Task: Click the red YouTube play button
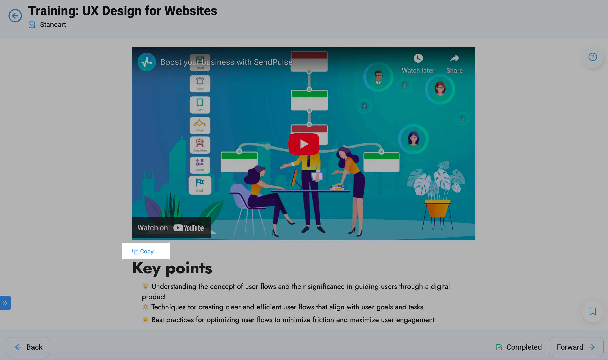304,144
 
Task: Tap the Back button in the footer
28,347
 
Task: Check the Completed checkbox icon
499,347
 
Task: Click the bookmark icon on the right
593,311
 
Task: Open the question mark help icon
593,57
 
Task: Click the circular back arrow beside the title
15,16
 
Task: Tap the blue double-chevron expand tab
5,303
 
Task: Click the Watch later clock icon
418,58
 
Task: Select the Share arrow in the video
454,58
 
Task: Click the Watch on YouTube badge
171,228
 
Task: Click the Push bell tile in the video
200,84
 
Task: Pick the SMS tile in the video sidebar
200,105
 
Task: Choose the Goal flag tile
200,185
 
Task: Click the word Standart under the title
53,25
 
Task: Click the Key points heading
172,268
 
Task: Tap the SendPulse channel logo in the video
147,62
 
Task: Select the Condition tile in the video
200,145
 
